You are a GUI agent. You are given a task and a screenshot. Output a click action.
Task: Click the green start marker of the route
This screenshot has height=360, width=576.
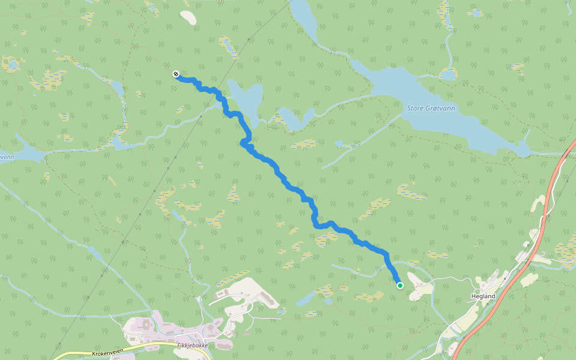coord(400,286)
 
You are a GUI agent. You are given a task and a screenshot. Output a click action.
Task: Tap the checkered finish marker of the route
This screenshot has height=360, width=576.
coord(176,74)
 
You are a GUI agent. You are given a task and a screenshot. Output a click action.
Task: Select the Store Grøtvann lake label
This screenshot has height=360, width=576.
coord(431,108)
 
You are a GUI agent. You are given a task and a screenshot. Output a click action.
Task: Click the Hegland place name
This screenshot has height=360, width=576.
coord(483,296)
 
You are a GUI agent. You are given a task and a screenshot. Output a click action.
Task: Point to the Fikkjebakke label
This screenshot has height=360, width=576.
coord(193,346)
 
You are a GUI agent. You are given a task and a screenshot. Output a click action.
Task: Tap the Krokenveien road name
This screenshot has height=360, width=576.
coord(107,354)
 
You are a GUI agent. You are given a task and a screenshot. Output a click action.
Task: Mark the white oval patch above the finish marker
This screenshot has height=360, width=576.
coord(188,17)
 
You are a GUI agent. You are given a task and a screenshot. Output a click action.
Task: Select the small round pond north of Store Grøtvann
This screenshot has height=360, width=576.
coord(448,74)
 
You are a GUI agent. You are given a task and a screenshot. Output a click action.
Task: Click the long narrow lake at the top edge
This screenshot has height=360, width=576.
coord(304,21)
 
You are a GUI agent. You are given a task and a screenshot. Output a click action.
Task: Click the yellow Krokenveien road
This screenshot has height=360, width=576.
coord(150,346)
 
